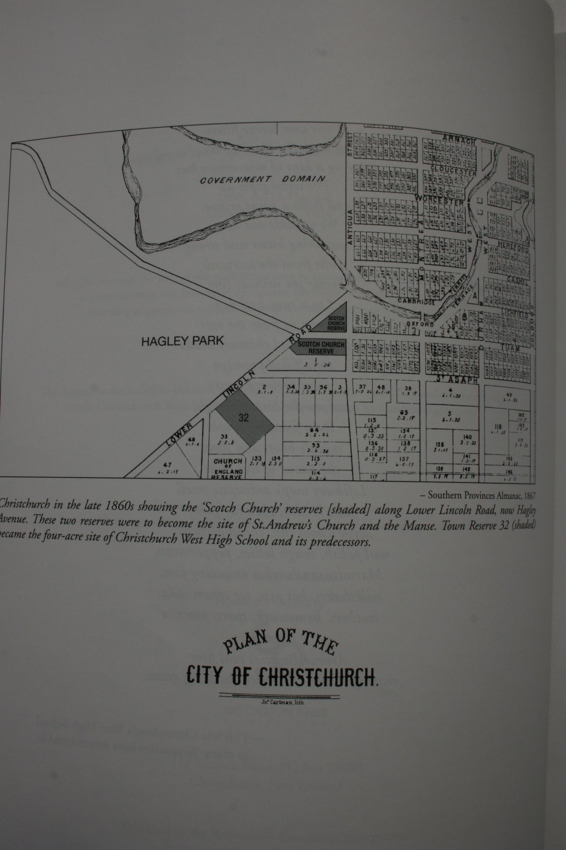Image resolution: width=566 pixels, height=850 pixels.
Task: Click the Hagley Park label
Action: pos(182,341)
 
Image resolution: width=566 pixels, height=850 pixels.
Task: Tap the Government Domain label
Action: pos(262,179)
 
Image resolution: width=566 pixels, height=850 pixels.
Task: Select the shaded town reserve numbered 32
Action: pos(244,418)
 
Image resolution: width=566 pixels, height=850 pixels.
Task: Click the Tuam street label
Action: pos(511,348)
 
